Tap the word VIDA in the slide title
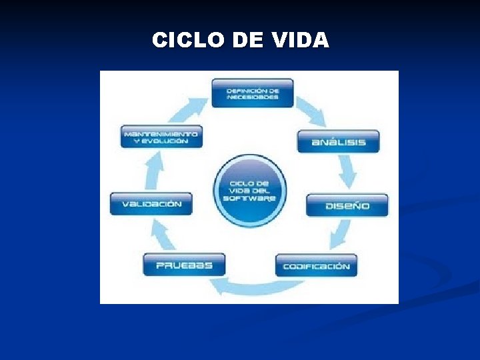301,41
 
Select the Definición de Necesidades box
253,93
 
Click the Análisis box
338,141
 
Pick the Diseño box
347,205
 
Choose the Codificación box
316,266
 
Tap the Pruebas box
184,265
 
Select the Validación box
151,204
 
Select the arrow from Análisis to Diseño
347,171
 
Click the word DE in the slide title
247,41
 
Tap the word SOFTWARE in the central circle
249,198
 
